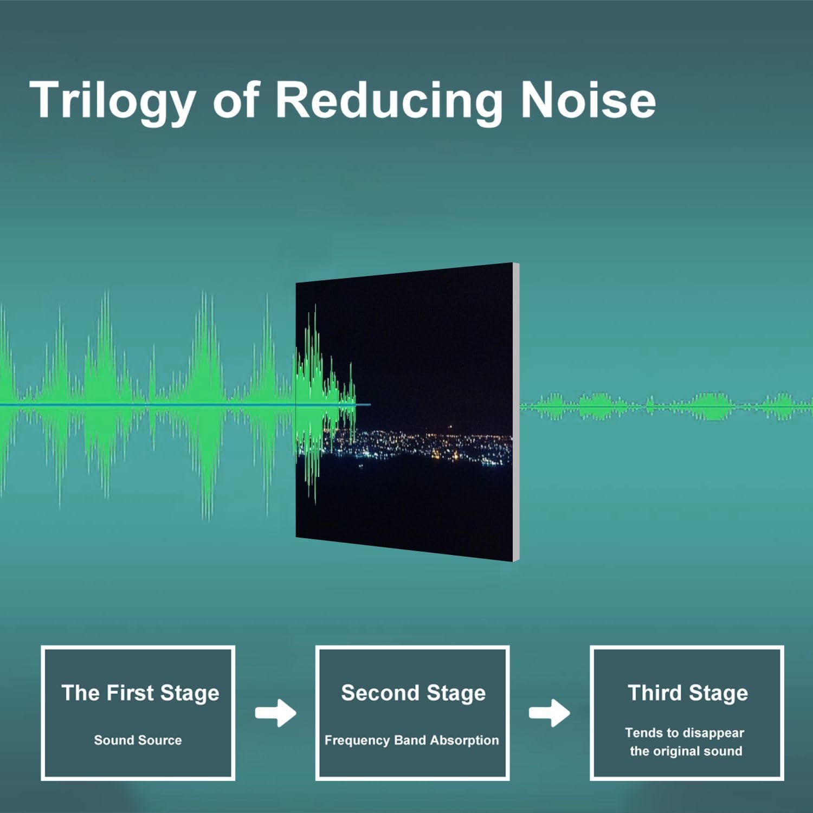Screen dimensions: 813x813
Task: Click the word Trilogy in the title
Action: [113, 101]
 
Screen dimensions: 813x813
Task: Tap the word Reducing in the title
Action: [389, 101]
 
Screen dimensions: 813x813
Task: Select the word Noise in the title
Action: [588, 100]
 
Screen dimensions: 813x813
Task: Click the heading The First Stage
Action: [140, 693]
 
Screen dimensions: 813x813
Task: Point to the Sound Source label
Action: [138, 740]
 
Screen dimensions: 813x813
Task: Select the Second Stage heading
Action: [413, 693]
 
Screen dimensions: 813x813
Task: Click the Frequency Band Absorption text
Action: [412, 740]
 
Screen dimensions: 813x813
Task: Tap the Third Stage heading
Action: [688, 693]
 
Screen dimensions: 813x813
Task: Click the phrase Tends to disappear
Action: [685, 733]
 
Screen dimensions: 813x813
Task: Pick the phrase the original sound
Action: [686, 751]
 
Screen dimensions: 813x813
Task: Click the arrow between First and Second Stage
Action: [276, 713]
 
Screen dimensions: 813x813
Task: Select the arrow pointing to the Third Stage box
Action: [550, 713]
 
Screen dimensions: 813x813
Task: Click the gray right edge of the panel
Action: [516, 412]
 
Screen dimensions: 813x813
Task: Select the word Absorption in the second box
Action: [464, 741]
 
